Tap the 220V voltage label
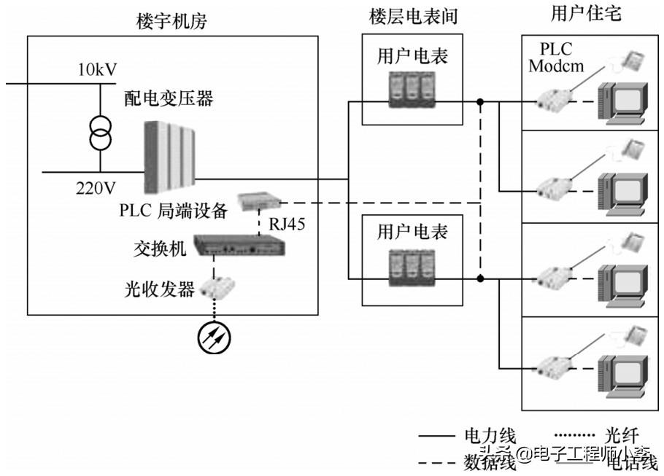(x=96, y=188)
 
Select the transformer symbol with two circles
(x=100, y=130)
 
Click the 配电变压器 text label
(x=169, y=98)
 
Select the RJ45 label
(x=287, y=223)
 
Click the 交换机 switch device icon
(x=239, y=246)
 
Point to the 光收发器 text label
(x=159, y=289)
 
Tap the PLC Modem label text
(x=557, y=58)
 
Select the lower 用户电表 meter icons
(x=413, y=270)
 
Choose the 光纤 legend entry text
(x=622, y=436)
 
